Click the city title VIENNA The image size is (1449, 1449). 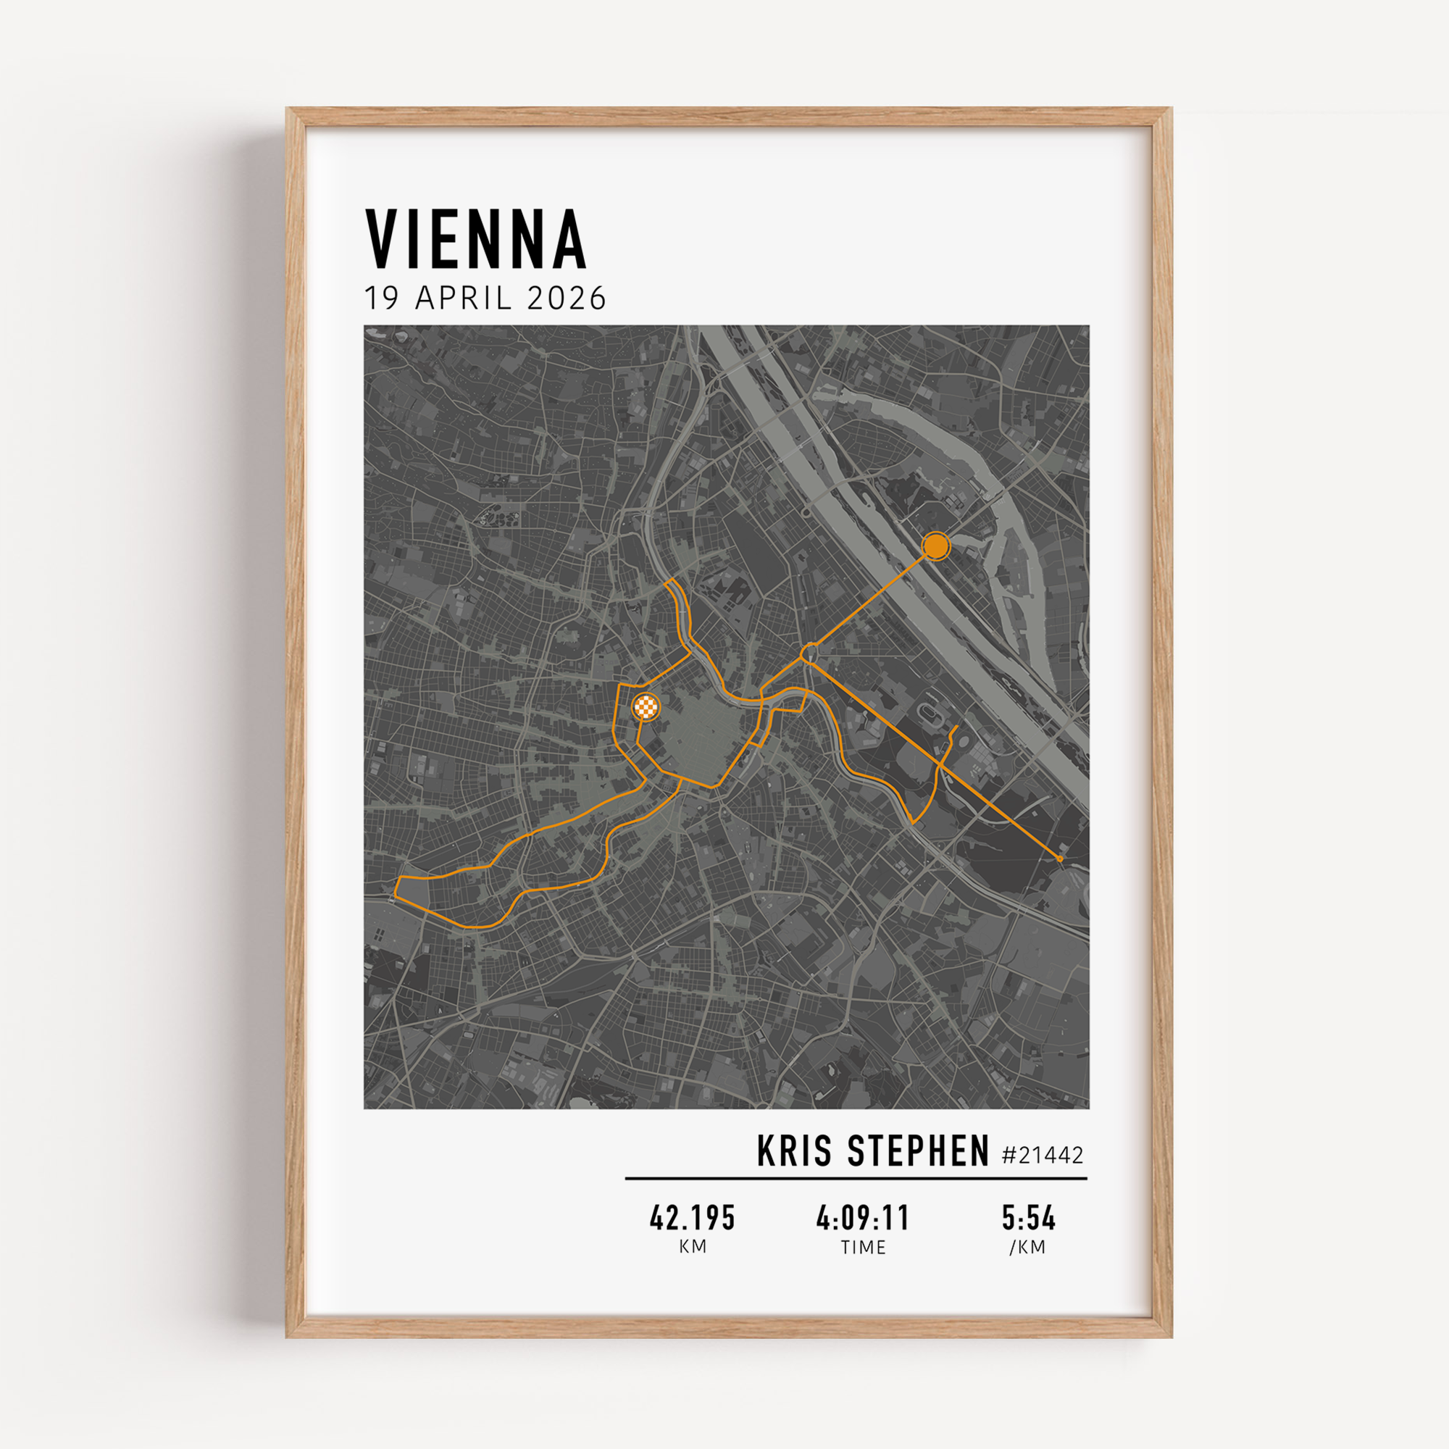point(475,239)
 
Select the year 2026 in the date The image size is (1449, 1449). point(567,298)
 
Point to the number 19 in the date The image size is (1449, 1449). point(381,298)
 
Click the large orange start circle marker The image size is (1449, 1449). point(935,546)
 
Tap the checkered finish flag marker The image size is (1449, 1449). point(646,706)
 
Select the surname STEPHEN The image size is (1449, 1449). point(919,1151)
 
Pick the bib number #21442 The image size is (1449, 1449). point(1043,1155)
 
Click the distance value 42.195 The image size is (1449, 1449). point(692,1219)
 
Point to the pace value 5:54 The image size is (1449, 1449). point(1028,1219)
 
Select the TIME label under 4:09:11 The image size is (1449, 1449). point(864,1248)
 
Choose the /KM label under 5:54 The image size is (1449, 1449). point(1027,1248)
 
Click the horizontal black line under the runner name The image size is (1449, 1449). point(856,1178)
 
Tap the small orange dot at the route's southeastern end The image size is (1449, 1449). point(1059,858)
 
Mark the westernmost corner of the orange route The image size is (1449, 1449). point(396,894)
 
